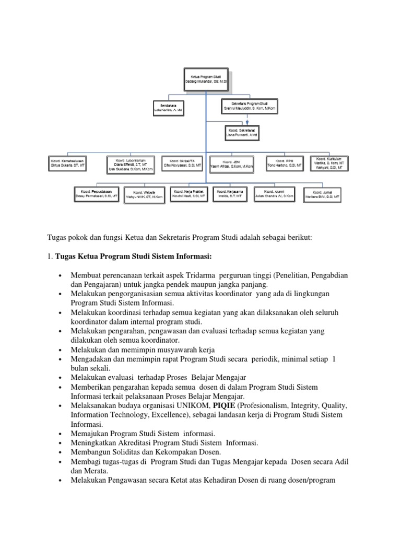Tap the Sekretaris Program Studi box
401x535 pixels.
(x=249, y=107)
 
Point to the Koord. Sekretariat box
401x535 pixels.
(x=241, y=132)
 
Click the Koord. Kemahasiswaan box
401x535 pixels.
(x=68, y=162)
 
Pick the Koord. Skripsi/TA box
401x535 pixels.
(x=182, y=162)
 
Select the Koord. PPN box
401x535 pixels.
(x=286, y=162)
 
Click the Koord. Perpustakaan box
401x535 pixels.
(x=96, y=194)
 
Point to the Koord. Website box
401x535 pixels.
(x=144, y=195)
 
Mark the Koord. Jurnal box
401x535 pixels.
(x=322, y=194)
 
